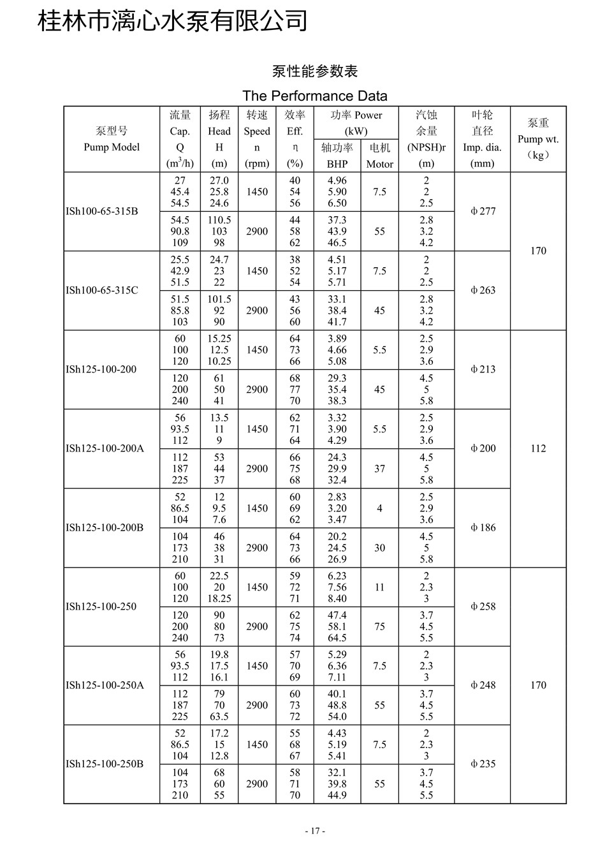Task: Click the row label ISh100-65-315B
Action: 101,211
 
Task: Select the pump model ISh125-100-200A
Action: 105,448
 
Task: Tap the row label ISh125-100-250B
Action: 105,763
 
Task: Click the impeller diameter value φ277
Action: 483,211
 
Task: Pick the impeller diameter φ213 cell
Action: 483,369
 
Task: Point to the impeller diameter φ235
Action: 483,763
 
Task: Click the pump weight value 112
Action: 538,448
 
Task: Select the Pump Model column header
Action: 112,147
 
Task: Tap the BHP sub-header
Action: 337,164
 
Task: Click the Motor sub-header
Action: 379,164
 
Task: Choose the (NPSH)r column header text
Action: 426,147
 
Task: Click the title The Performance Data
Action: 315,96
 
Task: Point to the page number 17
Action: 315,831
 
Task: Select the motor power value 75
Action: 379,626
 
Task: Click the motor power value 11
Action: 379,587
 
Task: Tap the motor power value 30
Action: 379,548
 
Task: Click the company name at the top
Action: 173,21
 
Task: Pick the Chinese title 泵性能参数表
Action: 315,71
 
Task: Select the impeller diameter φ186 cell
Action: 483,527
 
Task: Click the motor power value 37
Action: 379,469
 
